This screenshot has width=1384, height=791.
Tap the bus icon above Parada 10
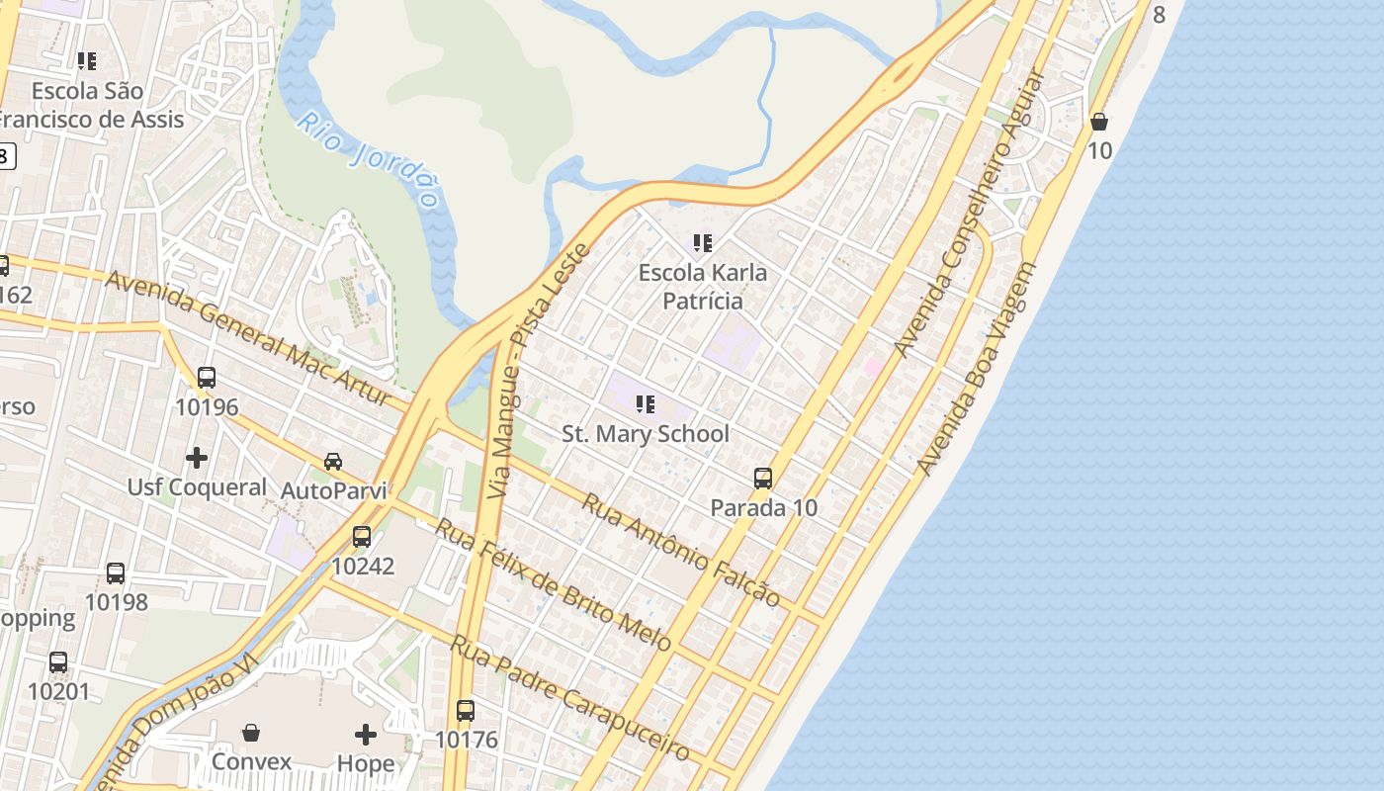point(763,479)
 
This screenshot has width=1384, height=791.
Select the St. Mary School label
point(646,433)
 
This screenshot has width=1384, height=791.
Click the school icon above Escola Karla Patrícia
point(703,242)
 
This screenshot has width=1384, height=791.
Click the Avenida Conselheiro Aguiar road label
point(969,213)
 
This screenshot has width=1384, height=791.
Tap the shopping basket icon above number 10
point(1098,122)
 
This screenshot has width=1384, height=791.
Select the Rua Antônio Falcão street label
point(681,550)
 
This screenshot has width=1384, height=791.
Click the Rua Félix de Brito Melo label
point(554,584)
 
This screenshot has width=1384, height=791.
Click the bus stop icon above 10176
point(466,710)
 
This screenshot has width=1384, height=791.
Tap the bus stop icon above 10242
point(362,537)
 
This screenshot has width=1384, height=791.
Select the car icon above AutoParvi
point(333,461)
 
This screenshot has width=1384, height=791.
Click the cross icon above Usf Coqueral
point(197,457)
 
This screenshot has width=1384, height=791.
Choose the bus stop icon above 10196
point(207,377)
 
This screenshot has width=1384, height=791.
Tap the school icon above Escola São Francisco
point(87,61)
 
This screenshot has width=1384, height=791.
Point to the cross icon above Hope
point(366,734)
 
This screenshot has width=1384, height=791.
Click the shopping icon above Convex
point(251,733)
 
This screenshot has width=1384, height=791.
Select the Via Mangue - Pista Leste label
point(539,371)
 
